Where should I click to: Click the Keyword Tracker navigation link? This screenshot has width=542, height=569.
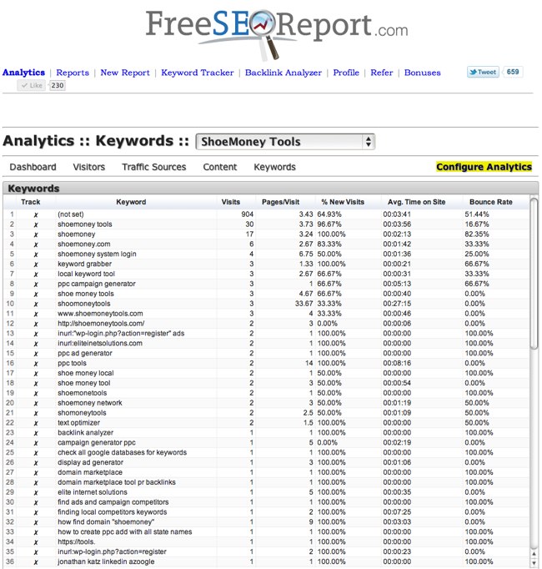[197, 73]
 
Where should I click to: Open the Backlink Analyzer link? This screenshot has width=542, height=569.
[283, 73]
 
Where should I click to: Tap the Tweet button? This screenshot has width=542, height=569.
[483, 73]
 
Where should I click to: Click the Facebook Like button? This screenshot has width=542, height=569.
[33, 85]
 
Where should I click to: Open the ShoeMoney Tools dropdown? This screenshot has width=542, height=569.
[286, 142]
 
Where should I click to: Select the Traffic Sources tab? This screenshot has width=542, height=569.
[153, 167]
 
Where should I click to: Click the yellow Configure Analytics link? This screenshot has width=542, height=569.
[484, 167]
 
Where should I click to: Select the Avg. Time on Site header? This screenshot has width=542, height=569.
[416, 202]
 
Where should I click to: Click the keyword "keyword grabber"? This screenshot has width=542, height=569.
[85, 264]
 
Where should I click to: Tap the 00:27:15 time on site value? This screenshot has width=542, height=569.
[398, 304]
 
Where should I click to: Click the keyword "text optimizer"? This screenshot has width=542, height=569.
[79, 423]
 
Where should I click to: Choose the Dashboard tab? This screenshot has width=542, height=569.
[33, 167]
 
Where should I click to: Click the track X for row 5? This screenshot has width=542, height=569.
[35, 254]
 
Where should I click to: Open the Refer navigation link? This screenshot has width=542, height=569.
[382, 73]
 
